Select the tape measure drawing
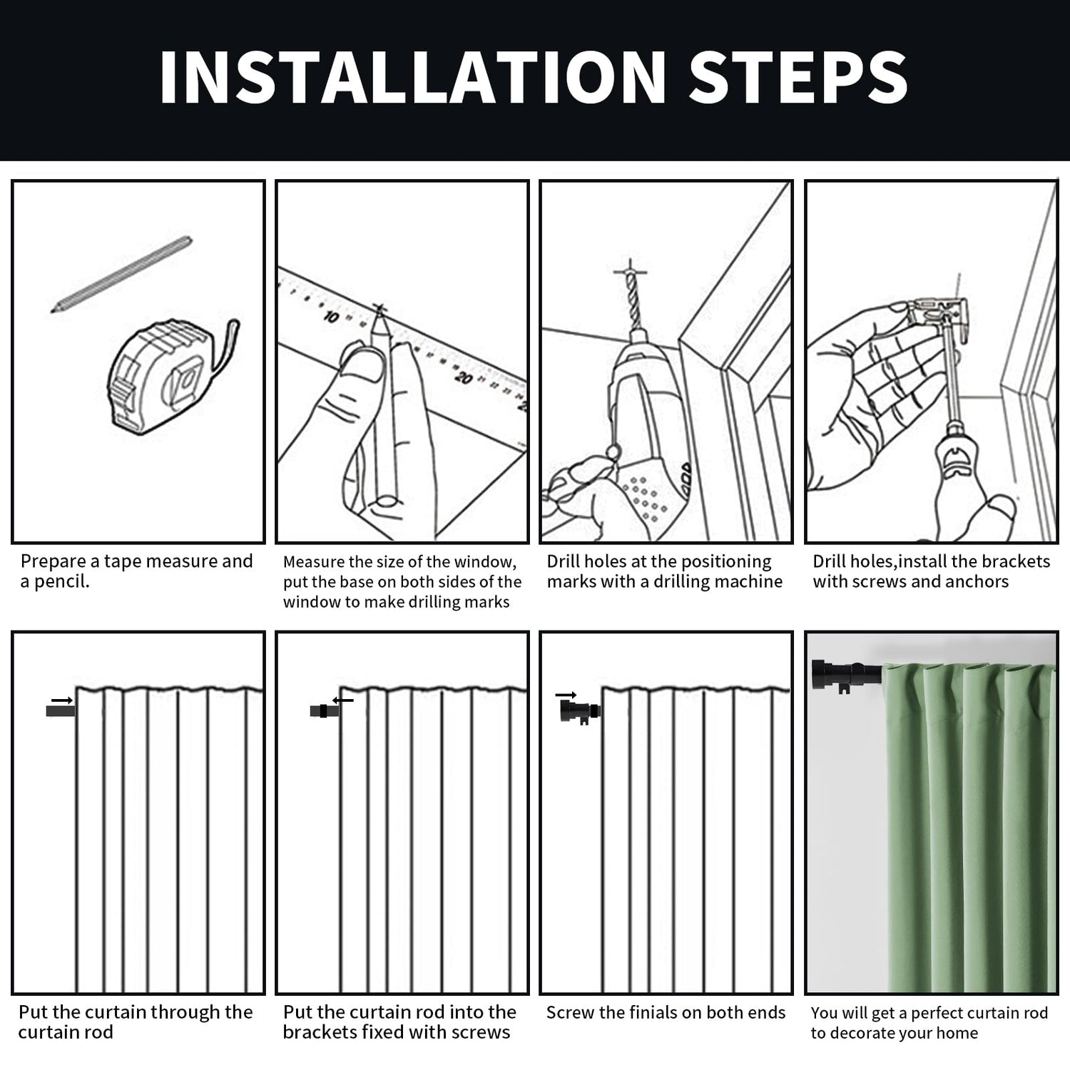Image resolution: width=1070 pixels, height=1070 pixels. [x=171, y=376]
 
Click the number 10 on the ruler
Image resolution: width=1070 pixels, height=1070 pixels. [x=331, y=316]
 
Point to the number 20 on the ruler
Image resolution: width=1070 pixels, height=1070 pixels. [x=464, y=377]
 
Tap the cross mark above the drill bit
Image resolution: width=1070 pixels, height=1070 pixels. [x=631, y=271]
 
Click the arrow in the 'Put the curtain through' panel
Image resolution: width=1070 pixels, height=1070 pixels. [x=62, y=700]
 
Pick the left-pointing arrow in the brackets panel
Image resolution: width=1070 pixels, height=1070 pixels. [x=343, y=700]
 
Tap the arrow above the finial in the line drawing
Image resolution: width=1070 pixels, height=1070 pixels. [x=566, y=694]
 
